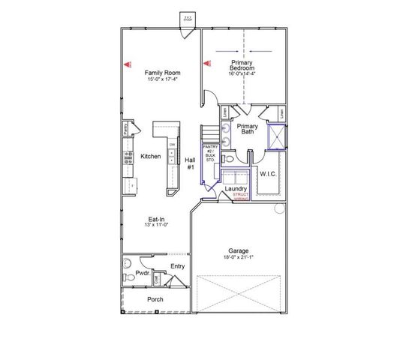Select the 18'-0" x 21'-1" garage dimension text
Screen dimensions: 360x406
(239, 257)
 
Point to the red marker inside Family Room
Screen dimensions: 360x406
(127, 64)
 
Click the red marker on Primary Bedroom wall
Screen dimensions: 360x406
(207, 64)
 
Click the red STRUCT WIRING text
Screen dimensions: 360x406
(241, 196)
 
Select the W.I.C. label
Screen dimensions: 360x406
(269, 174)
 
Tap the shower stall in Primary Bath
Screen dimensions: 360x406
(277, 136)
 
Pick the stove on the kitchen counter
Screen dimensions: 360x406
(128, 158)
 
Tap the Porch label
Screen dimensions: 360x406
(155, 299)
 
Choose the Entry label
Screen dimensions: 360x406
(177, 266)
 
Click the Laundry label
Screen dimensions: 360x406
(236, 188)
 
